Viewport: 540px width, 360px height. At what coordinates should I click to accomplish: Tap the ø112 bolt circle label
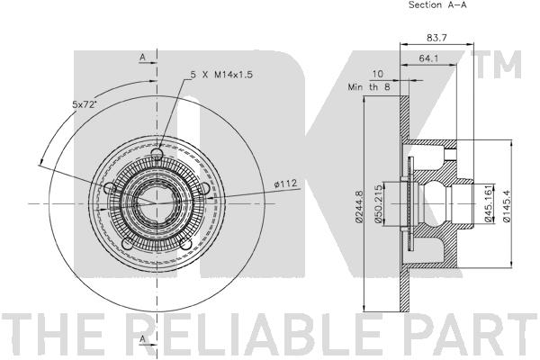pyautogui.click(x=285, y=186)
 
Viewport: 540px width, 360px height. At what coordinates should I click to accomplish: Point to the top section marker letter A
pyautogui.click(x=142, y=57)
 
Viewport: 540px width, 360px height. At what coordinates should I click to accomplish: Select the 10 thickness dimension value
pyautogui.click(x=377, y=74)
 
